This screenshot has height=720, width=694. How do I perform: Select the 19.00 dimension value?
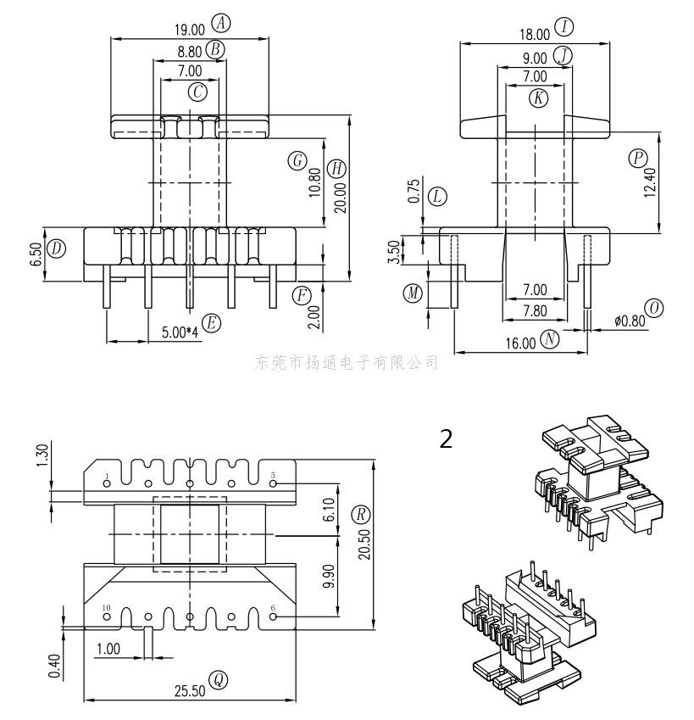tap(191, 29)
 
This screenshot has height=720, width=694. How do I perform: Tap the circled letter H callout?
tap(337, 168)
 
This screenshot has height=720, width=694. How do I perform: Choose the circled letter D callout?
tap(56, 248)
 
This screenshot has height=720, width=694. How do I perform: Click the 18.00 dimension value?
tap(535, 34)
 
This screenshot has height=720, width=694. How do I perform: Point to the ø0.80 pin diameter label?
tap(629, 321)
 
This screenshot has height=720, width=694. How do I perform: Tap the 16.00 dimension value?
tap(522, 343)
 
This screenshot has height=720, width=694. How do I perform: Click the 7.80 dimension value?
tap(534, 310)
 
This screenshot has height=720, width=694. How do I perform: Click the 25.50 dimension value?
tap(190, 690)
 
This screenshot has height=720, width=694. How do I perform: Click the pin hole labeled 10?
tap(107, 617)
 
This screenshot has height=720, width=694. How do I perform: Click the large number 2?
tap(446, 438)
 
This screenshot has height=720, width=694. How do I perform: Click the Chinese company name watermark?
tap(347, 363)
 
